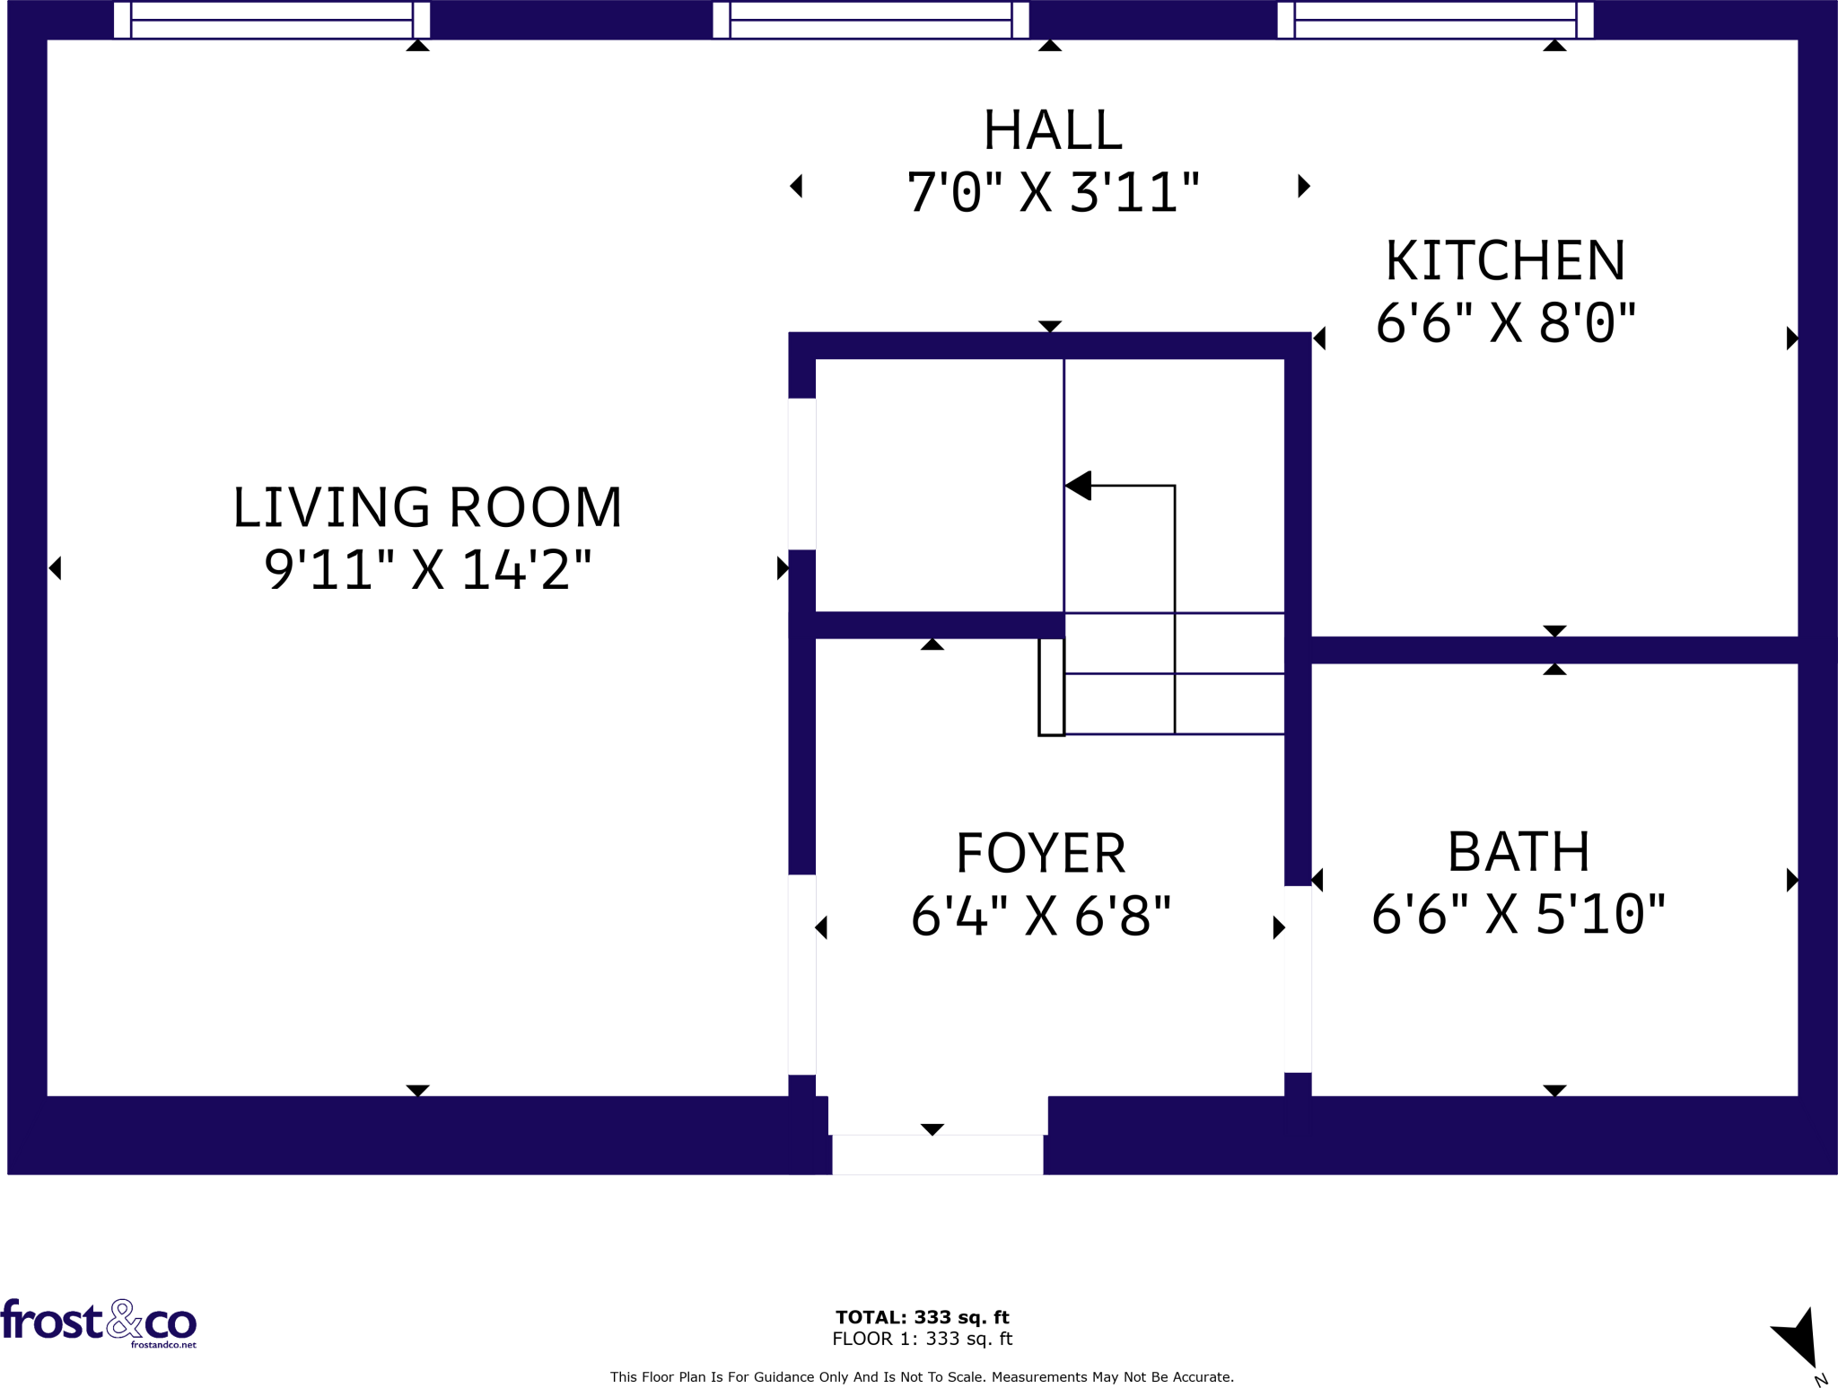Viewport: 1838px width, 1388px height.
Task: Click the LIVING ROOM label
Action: coord(427,507)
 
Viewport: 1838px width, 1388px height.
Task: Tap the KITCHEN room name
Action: coord(1505,260)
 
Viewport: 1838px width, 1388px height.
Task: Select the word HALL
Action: coord(1053,130)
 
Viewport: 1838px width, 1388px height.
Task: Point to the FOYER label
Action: coord(1040,853)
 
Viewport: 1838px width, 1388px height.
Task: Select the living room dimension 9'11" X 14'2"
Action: coord(428,569)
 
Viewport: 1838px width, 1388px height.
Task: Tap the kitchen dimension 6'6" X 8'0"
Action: coord(1506,322)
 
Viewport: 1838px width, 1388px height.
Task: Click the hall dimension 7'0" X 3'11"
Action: coord(1053,192)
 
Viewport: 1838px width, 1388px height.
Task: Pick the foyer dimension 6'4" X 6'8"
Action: coord(1041,916)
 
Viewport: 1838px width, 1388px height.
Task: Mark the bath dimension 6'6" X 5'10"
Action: coord(1519,914)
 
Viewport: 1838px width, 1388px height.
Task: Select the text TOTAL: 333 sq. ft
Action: coord(922,1317)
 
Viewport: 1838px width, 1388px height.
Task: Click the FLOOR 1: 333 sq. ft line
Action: coord(922,1339)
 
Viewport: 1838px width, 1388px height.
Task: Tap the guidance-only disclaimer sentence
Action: coord(922,1377)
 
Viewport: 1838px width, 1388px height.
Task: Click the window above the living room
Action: coord(271,20)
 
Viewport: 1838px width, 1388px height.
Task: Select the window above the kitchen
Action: coord(1435,20)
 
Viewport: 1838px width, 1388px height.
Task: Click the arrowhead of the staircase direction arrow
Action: coord(1078,486)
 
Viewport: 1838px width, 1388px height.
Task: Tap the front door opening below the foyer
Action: coord(938,1154)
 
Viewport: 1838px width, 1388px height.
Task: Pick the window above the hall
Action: coord(871,20)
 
